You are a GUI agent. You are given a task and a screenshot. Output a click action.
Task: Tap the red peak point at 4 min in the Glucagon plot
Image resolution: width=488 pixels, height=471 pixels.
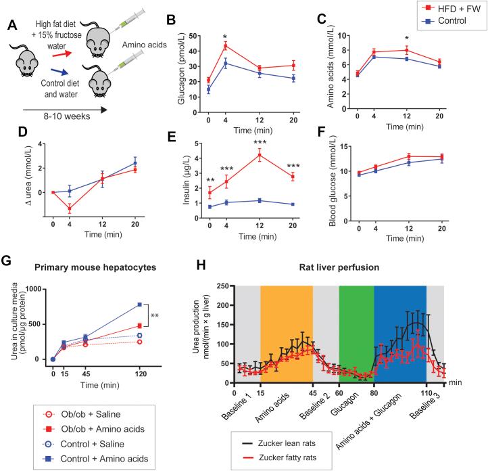(224, 46)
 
